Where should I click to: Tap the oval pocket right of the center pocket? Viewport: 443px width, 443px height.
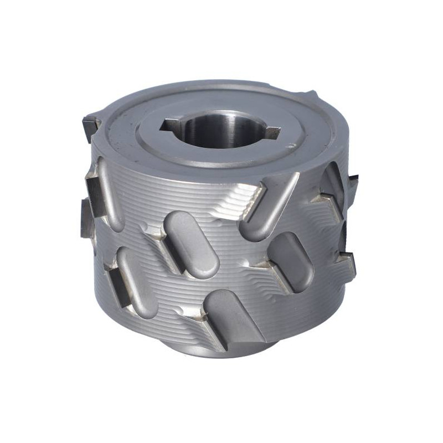(x=291, y=260)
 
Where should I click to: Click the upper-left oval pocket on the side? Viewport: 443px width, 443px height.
(x=111, y=191)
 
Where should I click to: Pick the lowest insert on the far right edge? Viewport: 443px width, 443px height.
(x=348, y=257)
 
